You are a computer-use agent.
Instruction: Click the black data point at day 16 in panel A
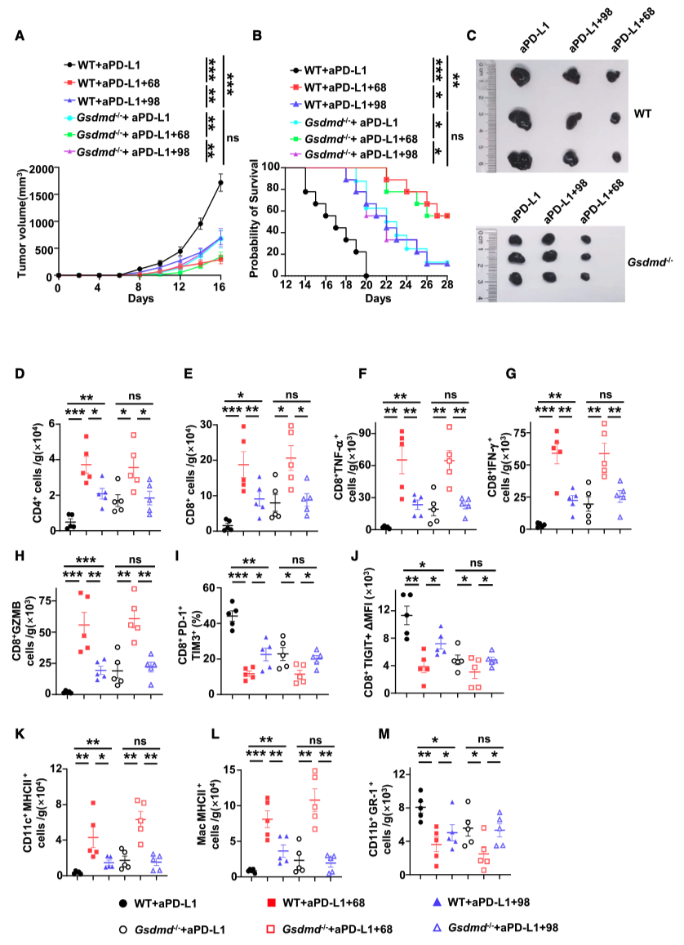coord(220,183)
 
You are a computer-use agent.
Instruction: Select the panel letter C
coord(471,36)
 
